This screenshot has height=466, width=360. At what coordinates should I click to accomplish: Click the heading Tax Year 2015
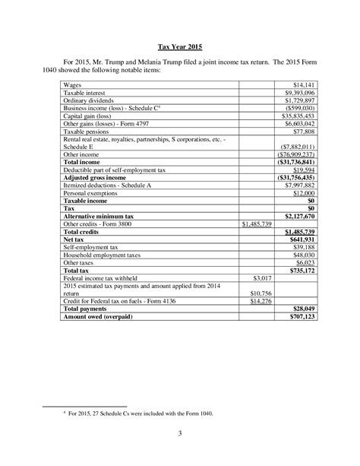pyautogui.click(x=180, y=45)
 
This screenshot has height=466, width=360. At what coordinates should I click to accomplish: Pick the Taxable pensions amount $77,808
pyautogui.click(x=301, y=131)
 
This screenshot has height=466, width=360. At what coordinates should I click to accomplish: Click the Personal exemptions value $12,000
pyautogui.click(x=301, y=193)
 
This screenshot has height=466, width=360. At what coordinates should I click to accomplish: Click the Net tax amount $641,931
pyautogui.click(x=299, y=240)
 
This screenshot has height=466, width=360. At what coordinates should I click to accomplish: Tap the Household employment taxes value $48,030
pyautogui.click(x=301, y=255)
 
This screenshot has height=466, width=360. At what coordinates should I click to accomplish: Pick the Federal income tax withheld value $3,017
pyautogui.click(x=261, y=279)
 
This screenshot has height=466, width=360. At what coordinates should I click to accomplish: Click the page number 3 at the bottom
pyautogui.click(x=180, y=435)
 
